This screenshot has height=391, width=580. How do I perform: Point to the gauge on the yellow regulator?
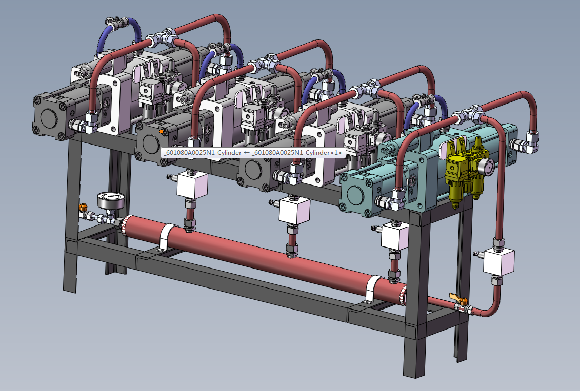pyautogui.click(x=486, y=167)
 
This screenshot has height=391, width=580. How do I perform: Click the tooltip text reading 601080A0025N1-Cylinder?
pyautogui.click(x=253, y=153)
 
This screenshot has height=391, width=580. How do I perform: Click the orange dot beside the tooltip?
pyautogui.click(x=161, y=131)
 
